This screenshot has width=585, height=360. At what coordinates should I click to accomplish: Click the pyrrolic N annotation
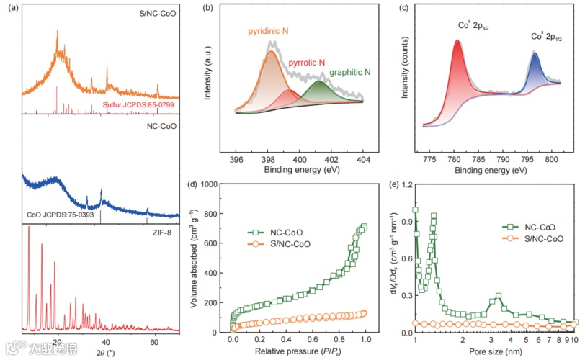[x=308, y=63]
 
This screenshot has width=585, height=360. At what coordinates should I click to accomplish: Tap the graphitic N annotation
[x=351, y=73]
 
